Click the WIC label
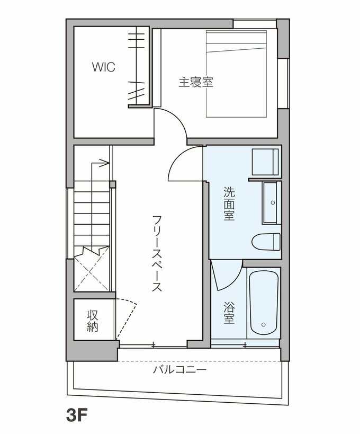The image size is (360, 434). tap(104, 67)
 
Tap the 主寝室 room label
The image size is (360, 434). tap(196, 82)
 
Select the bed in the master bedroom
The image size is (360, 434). tap(236, 74)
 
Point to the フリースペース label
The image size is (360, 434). tap(157, 253)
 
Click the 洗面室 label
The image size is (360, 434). tap(229, 203)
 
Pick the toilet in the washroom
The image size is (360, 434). tap(266, 242)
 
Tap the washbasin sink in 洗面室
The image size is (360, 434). tap(272, 202)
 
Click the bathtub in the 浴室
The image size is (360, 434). tap(264, 303)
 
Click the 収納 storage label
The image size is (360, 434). tap(93, 321)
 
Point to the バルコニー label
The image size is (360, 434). tap(180, 369)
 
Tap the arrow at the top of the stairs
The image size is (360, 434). tap(100, 163)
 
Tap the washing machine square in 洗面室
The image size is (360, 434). tap(265, 162)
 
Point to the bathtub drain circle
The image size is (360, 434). tap(264, 324)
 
